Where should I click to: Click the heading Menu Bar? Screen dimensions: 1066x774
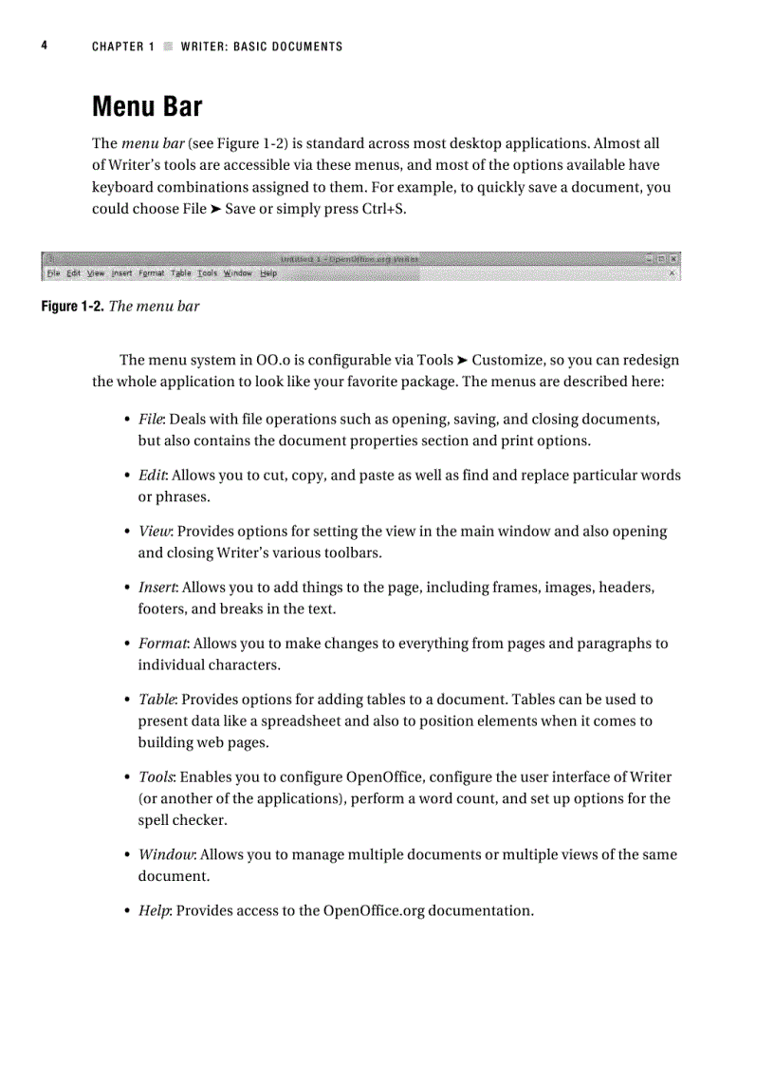(x=147, y=106)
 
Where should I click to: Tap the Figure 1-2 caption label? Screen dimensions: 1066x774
(x=72, y=307)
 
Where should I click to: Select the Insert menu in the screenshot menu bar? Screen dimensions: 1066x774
(x=121, y=273)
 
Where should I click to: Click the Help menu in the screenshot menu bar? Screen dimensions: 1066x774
(x=268, y=273)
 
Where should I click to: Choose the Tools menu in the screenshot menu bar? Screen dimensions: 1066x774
(x=207, y=273)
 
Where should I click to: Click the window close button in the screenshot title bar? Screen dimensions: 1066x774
(x=673, y=258)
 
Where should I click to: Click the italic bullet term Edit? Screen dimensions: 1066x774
(x=152, y=475)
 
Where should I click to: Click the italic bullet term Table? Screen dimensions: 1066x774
(x=157, y=699)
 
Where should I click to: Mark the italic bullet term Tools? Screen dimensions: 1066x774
(x=156, y=776)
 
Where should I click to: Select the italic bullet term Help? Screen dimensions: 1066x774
(x=155, y=910)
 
